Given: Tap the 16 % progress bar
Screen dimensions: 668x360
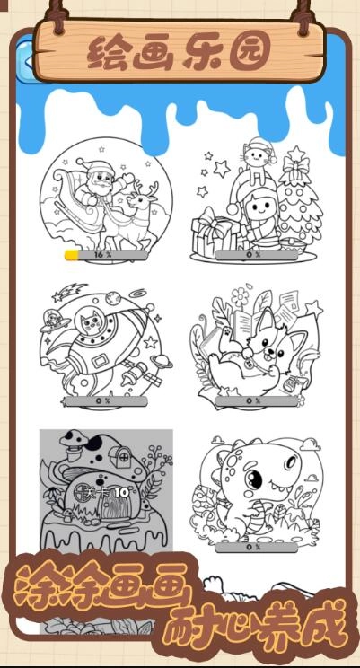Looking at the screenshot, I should click(x=106, y=255).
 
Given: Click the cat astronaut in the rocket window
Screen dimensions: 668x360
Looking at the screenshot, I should click(x=91, y=321).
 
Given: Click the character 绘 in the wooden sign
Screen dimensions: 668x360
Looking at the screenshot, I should click(x=107, y=54).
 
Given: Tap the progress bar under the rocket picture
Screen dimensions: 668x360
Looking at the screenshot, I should click(x=106, y=400).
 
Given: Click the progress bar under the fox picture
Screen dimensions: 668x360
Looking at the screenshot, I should click(x=257, y=400).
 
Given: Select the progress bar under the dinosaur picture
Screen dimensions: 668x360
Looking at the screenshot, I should click(x=257, y=546).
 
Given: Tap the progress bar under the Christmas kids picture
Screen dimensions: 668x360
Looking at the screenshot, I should click(x=257, y=255).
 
